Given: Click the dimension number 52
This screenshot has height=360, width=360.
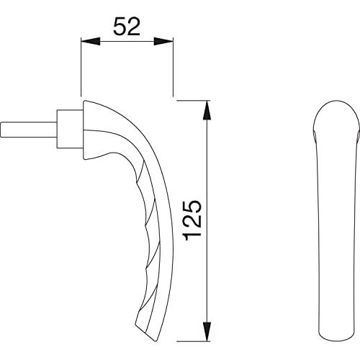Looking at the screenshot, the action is [127, 27].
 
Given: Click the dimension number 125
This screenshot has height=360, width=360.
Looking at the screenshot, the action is [192, 220].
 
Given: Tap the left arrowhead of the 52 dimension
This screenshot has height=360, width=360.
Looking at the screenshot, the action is [91, 41].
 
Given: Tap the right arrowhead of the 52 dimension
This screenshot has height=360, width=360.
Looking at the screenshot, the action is [163, 41].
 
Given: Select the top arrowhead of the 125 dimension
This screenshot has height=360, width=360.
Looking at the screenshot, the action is [207, 109].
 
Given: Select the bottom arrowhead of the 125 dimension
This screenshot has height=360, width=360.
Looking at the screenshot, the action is [207, 331].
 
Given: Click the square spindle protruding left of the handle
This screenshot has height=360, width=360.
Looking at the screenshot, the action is [29, 130].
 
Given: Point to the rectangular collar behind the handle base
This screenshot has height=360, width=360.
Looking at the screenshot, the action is [70, 129].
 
